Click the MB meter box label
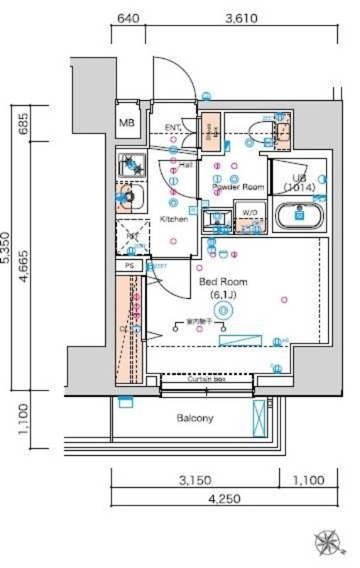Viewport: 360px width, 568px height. tap(128, 123)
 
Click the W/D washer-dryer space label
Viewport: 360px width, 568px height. tap(249, 212)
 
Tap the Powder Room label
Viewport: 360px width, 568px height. tap(239, 187)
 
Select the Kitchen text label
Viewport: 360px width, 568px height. tap(173, 219)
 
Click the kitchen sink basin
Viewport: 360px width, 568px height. tap(129, 195)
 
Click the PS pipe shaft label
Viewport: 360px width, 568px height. tap(129, 265)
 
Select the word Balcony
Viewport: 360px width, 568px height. tap(195, 418)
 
